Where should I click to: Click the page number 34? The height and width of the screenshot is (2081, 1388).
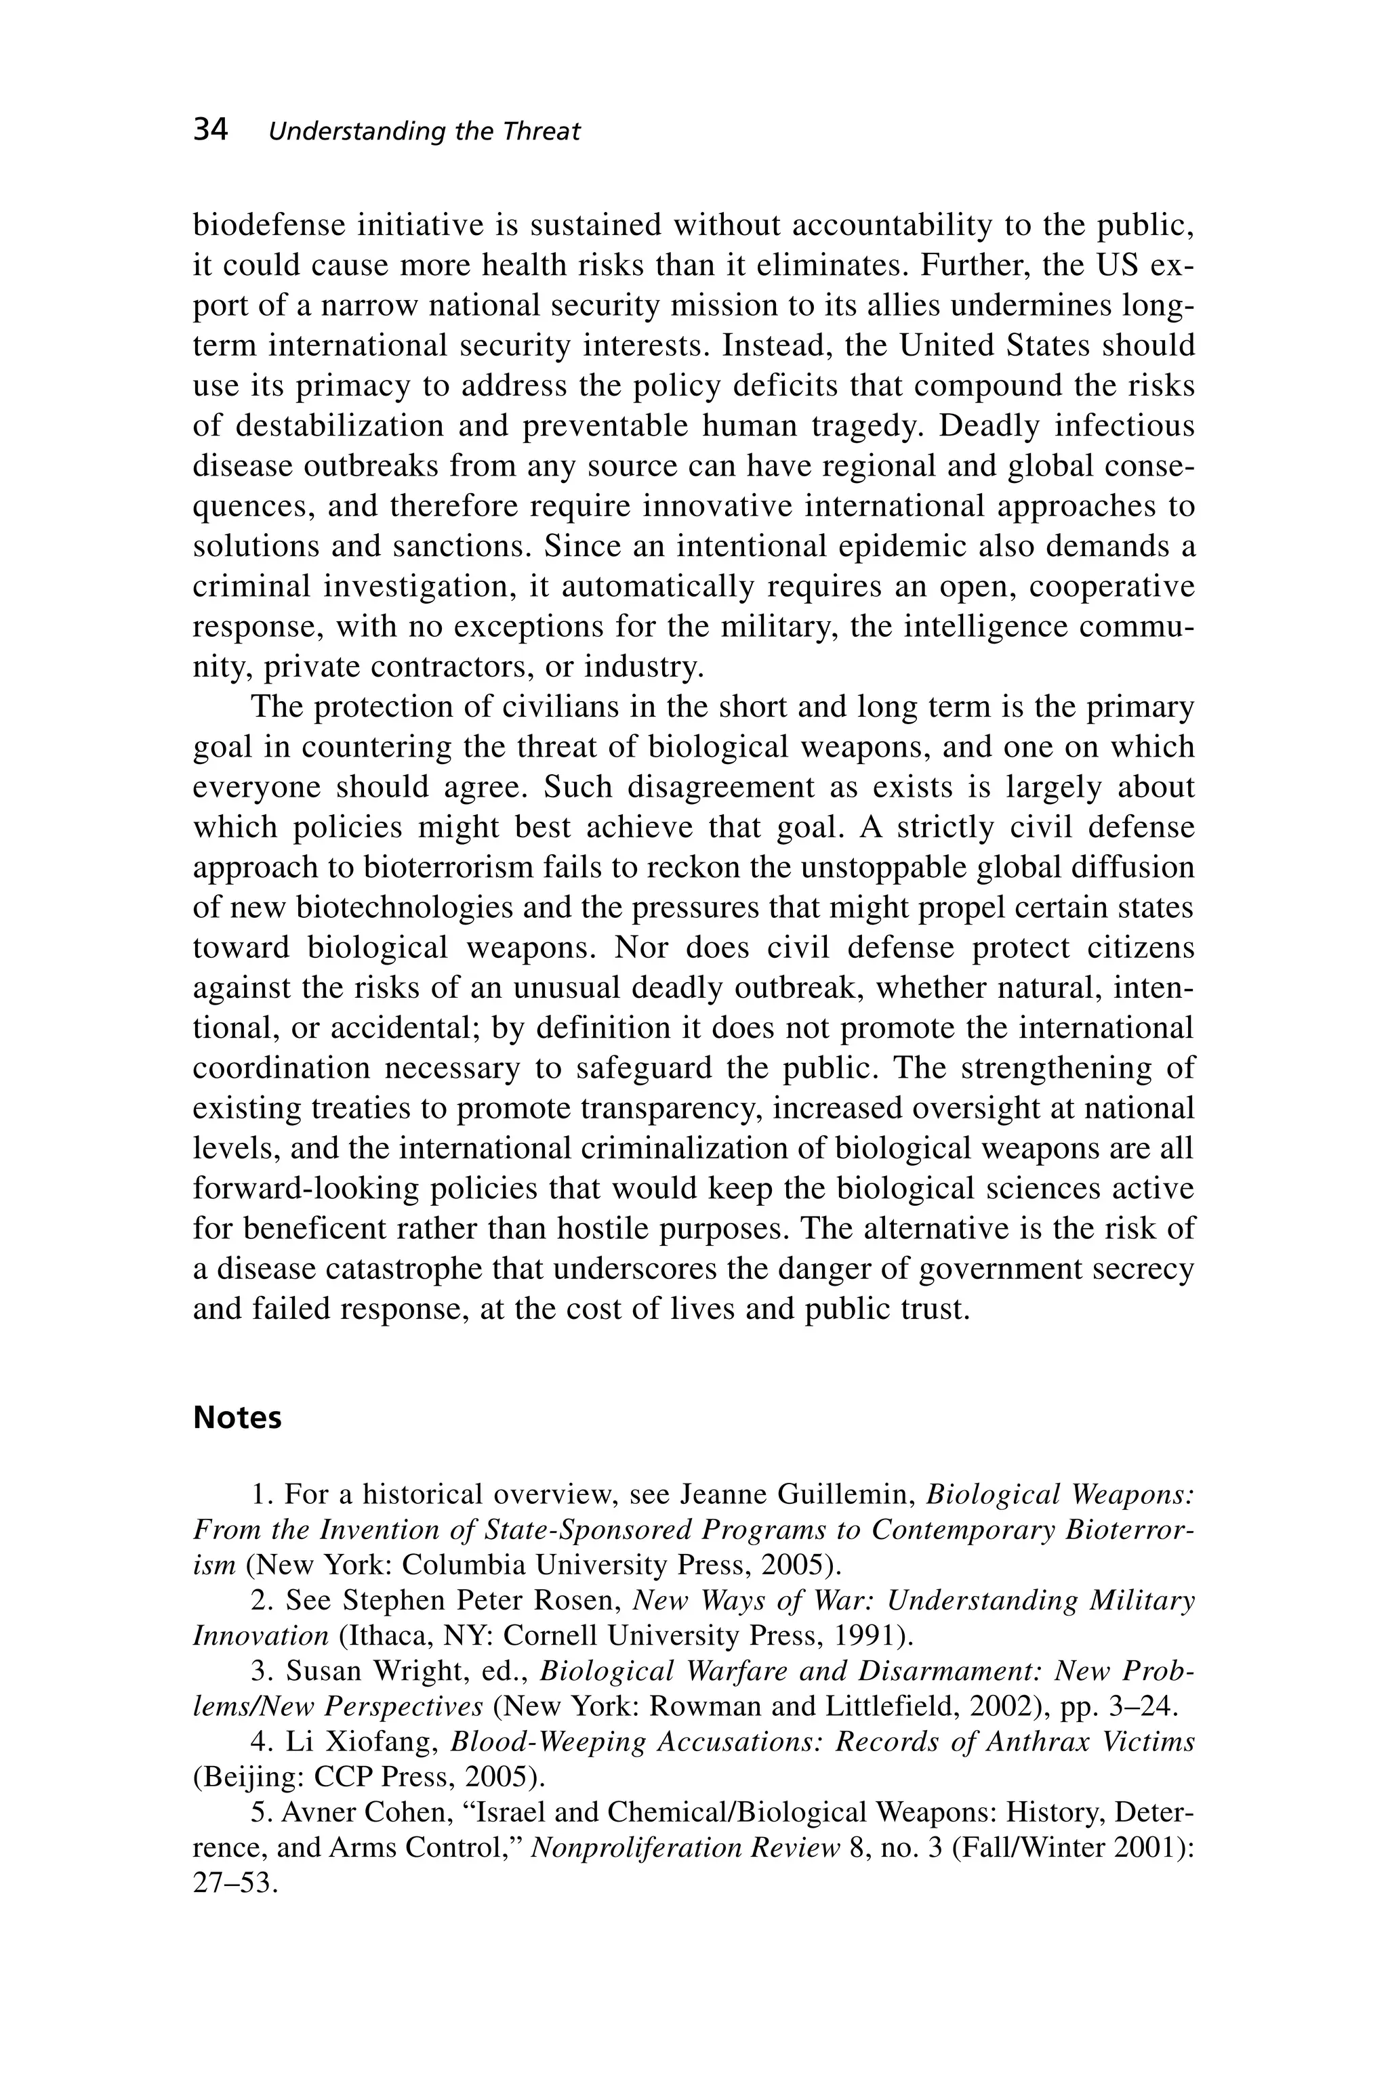click(211, 130)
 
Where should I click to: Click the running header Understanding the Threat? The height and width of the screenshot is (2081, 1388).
click(424, 132)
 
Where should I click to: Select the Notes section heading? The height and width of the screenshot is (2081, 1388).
click(237, 1417)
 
